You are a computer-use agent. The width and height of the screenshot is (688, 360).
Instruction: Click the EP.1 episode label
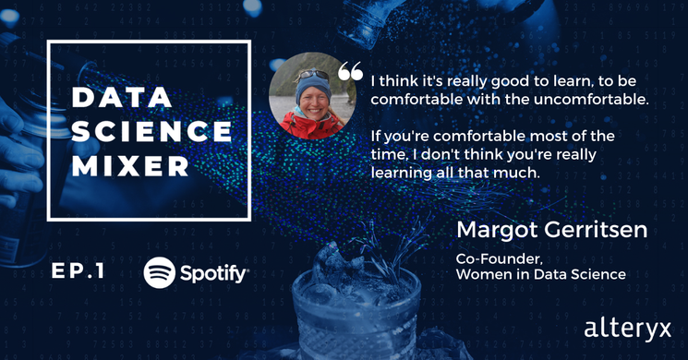pos(84,272)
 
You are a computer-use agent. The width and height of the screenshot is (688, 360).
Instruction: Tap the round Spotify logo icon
pos(161,273)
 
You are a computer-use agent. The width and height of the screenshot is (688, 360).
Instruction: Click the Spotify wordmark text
pos(214,274)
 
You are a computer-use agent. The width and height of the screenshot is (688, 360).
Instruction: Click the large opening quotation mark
pos(351,72)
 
